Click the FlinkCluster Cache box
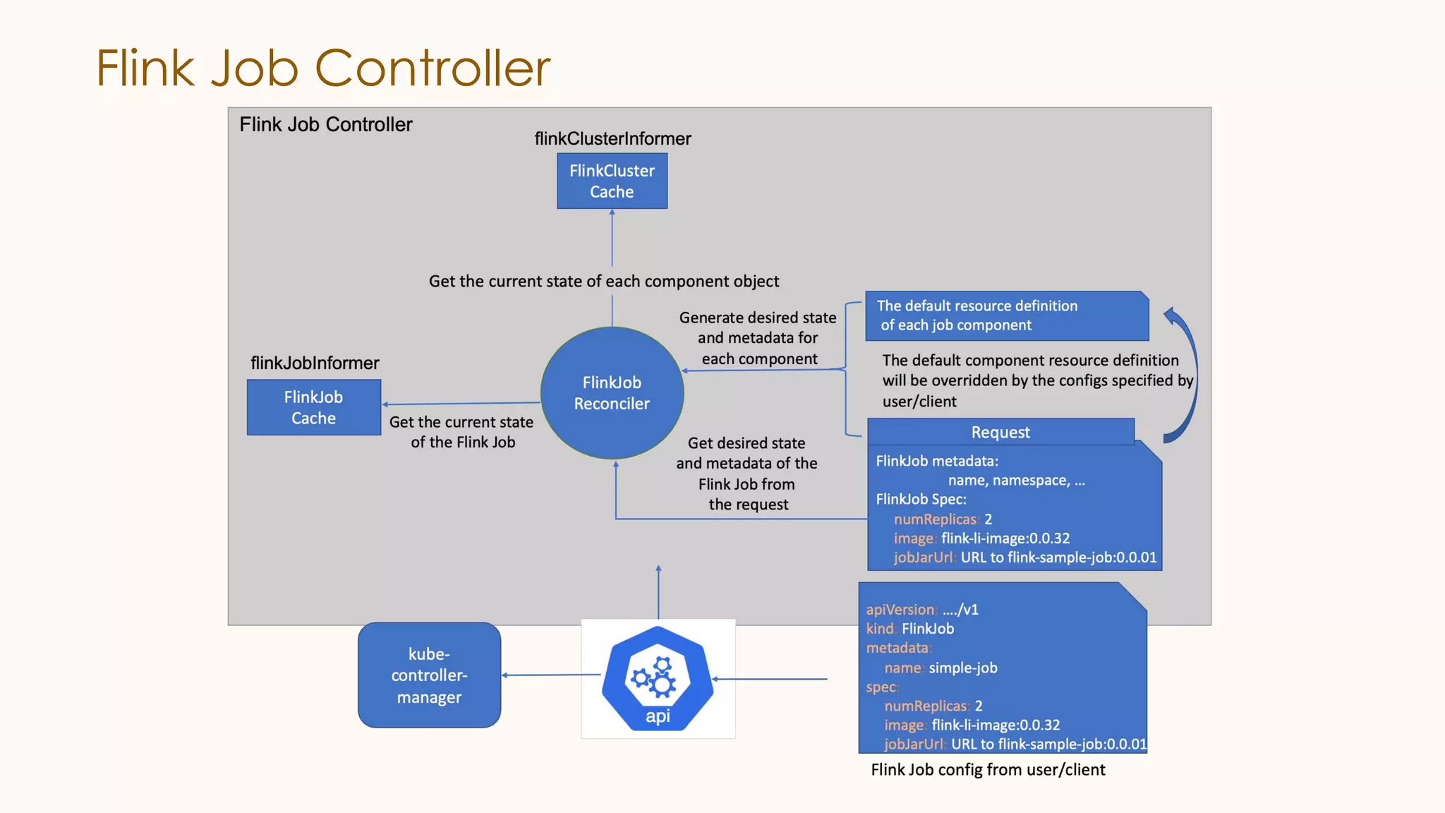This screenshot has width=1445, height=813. tap(612, 181)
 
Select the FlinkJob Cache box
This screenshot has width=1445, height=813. tap(313, 407)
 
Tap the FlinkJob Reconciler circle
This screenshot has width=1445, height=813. tap(612, 393)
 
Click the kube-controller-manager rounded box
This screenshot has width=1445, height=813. tap(429, 675)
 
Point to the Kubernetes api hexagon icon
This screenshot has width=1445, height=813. tap(658, 678)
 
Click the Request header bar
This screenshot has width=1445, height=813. tap(1000, 432)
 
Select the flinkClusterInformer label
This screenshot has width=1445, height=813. tap(612, 138)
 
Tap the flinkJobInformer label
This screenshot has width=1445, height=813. tap(315, 363)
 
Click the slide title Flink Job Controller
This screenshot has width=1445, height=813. tap(323, 68)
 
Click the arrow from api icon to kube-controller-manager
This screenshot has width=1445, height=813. tap(550, 675)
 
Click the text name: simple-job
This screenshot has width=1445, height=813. tap(941, 668)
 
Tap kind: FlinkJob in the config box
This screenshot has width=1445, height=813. tap(909, 629)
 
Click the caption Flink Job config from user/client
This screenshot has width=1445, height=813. tap(988, 770)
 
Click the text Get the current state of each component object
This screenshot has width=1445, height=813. tap(604, 282)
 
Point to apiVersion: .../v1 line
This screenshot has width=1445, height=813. tap(921, 610)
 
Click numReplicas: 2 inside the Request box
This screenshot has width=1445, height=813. tap(942, 519)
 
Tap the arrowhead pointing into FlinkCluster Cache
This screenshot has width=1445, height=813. tap(612, 212)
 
